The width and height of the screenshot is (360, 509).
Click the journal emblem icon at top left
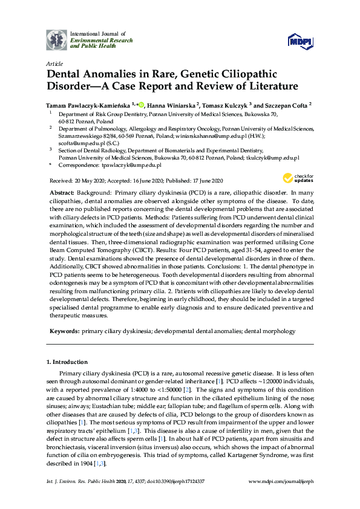56,40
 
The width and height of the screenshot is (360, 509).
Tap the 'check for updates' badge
298,178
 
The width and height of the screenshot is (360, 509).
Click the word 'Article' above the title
54,63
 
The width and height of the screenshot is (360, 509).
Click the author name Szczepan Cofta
280,104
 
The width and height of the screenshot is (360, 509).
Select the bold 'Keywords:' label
64,331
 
